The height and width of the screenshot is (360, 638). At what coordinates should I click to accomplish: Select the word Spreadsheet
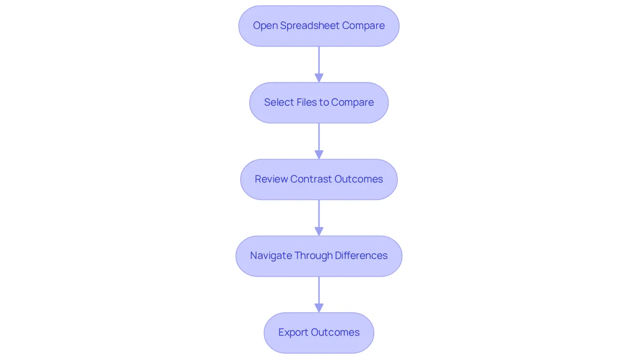point(310,26)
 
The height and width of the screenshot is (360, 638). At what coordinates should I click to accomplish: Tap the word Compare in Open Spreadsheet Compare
point(364,26)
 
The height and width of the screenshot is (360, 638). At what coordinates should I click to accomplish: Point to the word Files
point(306,102)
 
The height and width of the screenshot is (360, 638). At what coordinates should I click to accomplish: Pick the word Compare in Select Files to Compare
point(352,103)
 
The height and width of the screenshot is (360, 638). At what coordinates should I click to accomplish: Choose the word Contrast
point(311,179)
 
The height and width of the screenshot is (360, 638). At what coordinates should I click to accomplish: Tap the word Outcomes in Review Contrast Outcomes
point(359,179)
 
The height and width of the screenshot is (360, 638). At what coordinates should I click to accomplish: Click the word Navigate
point(271,256)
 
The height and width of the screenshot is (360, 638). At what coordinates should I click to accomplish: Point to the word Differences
point(361,256)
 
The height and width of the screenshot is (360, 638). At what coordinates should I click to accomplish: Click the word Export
point(293,332)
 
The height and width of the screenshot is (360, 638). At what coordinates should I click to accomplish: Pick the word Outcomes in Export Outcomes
point(335,332)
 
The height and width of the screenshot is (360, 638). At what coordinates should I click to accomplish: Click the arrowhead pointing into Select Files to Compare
point(319,78)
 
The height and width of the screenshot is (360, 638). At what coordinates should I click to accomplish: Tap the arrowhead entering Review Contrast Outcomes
point(319,154)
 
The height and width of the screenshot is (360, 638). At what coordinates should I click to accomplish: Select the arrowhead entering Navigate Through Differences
point(319,231)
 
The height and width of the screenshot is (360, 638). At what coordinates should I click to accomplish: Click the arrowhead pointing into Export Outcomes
point(319,308)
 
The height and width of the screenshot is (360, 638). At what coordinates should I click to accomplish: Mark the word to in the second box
point(324,103)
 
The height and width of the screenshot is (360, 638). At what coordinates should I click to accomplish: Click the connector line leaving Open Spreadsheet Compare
point(319,60)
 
